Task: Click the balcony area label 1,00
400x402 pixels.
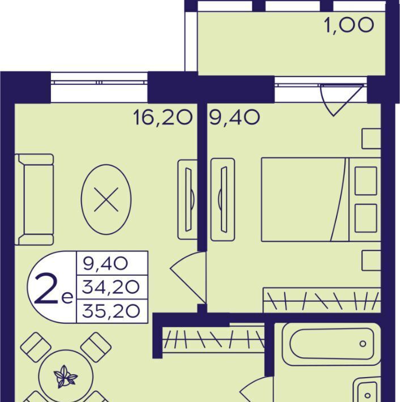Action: (349, 25)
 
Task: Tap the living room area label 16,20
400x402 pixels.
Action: (163, 118)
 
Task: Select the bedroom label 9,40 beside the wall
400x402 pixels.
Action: (235, 118)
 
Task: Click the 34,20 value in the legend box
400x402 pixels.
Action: (111, 287)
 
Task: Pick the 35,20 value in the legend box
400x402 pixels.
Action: (111, 311)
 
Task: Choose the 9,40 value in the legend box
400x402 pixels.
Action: (105, 263)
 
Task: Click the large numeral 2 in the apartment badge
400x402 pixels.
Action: (47, 288)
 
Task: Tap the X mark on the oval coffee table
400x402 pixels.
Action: (106, 199)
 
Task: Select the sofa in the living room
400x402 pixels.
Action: (34, 199)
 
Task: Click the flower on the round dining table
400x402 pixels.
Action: (65, 377)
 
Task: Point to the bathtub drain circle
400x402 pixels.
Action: (363, 344)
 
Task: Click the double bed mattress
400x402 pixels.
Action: (305, 199)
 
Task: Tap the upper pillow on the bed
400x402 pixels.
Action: (366, 181)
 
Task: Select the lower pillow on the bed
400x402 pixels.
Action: (366, 218)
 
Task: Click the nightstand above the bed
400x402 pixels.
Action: (371, 139)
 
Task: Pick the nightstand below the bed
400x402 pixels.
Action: (371, 260)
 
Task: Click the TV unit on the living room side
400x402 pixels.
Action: (188, 199)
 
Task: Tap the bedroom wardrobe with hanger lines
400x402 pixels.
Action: (322, 300)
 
